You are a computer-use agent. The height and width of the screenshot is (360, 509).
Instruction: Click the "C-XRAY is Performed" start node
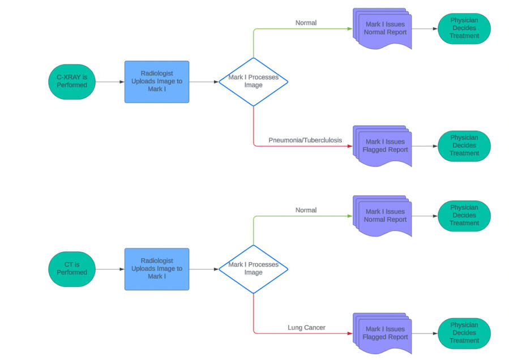pyautogui.click(x=72, y=82)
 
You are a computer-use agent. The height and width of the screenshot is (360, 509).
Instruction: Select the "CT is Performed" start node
pyautogui.click(x=72, y=269)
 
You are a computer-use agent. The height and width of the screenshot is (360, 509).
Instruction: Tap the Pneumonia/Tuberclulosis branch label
pyautogui.click(x=305, y=140)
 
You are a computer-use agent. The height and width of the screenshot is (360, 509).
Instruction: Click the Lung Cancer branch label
pyautogui.click(x=306, y=328)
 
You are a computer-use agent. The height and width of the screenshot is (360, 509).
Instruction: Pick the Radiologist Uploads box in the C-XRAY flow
pyautogui.click(x=157, y=82)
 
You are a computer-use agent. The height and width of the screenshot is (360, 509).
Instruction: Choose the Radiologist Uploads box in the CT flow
pyautogui.click(x=157, y=269)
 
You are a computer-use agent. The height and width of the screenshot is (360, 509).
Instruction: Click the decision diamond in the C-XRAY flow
pyautogui.click(x=253, y=82)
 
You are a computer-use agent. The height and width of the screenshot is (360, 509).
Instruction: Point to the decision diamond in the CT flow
pyautogui.click(x=253, y=269)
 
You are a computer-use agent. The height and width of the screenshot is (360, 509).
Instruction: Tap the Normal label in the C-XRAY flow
pyautogui.click(x=306, y=23)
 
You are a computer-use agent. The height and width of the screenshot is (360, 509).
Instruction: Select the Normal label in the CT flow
pyautogui.click(x=306, y=210)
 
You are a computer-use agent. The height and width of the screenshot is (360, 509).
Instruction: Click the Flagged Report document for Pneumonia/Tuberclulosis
pyautogui.click(x=383, y=146)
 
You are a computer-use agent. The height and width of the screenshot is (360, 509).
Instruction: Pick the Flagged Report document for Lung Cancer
pyautogui.click(x=383, y=333)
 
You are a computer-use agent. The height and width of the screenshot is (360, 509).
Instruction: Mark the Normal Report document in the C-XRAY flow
pyautogui.click(x=383, y=28)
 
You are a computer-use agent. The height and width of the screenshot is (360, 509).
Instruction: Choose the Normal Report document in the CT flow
pyautogui.click(x=383, y=216)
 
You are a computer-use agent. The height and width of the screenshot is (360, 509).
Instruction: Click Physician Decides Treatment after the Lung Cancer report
pyautogui.click(x=464, y=333)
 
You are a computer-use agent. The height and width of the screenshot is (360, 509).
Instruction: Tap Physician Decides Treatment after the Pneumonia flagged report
pyautogui.click(x=464, y=145)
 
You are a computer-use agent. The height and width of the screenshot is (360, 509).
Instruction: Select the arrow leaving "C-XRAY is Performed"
pyautogui.click(x=110, y=82)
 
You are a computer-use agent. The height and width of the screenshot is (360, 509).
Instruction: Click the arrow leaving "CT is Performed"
pyautogui.click(x=110, y=269)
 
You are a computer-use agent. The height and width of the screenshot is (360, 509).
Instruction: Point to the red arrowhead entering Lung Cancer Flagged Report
pyautogui.click(x=349, y=333)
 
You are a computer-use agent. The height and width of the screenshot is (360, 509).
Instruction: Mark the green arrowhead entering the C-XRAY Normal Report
pyautogui.click(x=349, y=29)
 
